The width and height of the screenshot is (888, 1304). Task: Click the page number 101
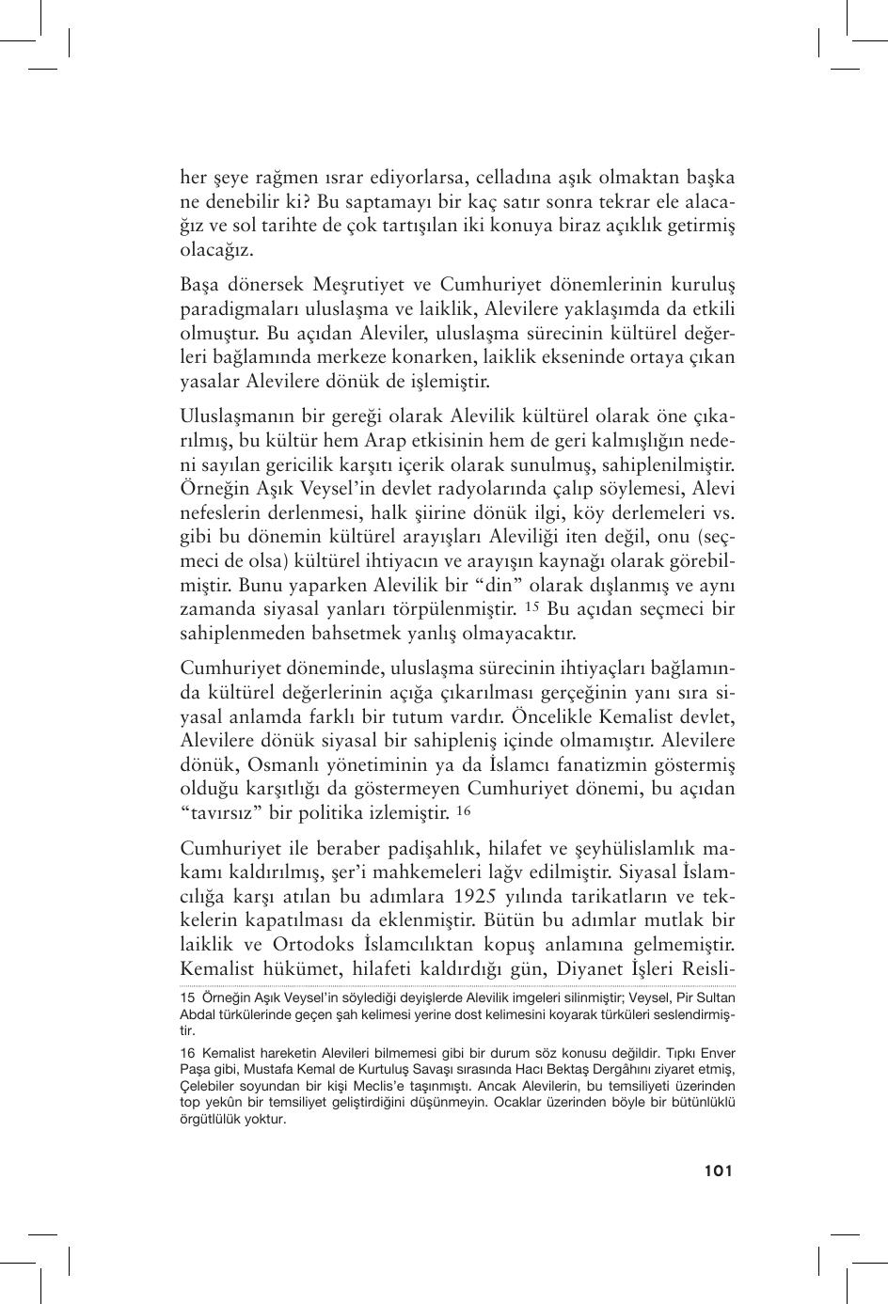[x=716, y=1170]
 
